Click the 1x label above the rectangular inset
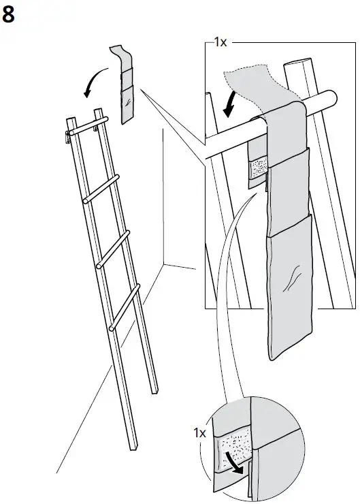tap(220, 42)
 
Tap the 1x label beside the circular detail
tap(199, 432)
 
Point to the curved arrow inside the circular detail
tap(235, 462)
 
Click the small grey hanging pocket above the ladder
tap(127, 95)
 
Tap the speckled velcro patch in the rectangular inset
tap(257, 170)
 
